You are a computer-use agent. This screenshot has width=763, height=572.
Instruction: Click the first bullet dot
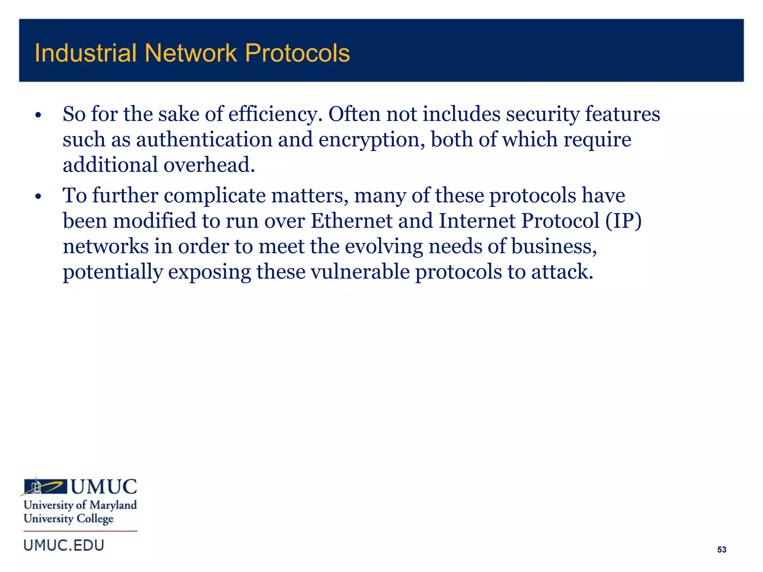pos(38,115)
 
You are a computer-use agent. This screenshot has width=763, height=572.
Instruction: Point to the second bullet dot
pos(38,196)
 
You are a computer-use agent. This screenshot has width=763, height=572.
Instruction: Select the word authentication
pos(204,140)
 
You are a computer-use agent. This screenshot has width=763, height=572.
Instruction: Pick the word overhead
pos(209,165)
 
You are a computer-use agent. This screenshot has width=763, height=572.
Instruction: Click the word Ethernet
pos(351,221)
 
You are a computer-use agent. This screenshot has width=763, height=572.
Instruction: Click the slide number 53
pos(722,550)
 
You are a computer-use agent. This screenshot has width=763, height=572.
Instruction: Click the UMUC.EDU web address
pos(64,546)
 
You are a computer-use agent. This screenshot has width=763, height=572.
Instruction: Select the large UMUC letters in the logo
pos(104,487)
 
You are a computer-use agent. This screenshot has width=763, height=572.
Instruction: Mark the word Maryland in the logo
pos(113,505)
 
